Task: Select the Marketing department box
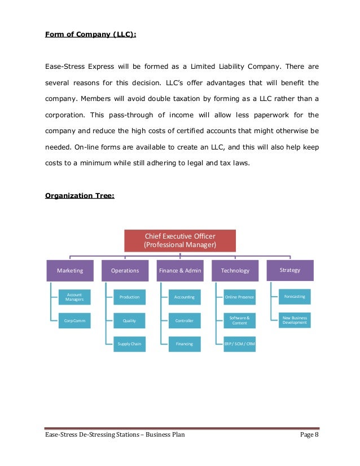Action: point(70,271)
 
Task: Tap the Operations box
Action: point(125,271)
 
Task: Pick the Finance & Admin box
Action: point(179,271)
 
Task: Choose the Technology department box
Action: point(235,271)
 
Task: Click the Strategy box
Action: point(290,270)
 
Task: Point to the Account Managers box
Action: point(74,297)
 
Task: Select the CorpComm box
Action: point(74,320)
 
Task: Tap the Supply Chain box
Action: point(129,344)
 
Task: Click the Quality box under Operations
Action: point(129,320)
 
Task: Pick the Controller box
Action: point(185,320)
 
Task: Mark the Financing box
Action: point(185,344)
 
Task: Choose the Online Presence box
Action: point(239,297)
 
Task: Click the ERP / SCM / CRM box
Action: point(239,344)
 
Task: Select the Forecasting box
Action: point(295,296)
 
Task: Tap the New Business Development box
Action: point(295,320)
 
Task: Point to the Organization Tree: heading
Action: point(80,196)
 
